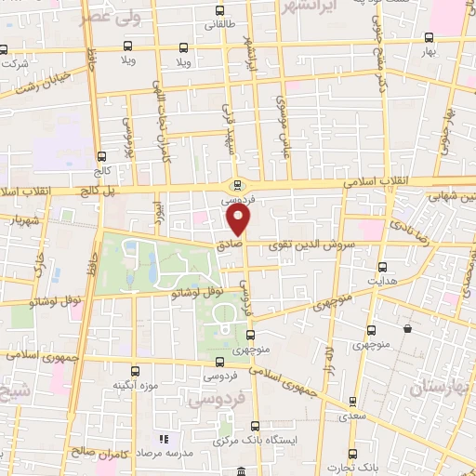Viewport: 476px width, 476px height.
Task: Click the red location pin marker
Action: [x=239, y=221]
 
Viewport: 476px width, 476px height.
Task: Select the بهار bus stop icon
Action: [x=429, y=38]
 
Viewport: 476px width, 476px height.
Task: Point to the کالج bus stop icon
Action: [x=100, y=157]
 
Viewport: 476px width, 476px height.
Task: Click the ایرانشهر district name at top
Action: [x=307, y=7]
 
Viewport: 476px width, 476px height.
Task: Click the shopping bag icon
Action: [x=407, y=328]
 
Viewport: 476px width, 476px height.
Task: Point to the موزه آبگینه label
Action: [x=135, y=385]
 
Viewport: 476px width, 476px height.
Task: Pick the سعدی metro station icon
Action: [x=351, y=402]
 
